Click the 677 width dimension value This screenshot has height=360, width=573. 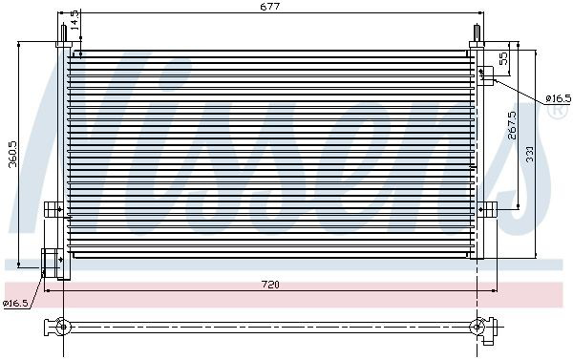point(270,7)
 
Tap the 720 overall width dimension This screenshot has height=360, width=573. point(270,285)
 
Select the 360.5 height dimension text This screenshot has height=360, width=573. point(13,154)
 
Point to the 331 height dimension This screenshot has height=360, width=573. point(530,155)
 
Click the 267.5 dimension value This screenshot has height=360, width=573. point(512,125)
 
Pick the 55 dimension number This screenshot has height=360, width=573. point(503,58)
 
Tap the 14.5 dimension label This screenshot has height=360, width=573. point(74,20)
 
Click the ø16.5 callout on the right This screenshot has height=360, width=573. point(558,98)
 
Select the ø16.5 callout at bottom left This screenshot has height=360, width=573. point(15,303)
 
